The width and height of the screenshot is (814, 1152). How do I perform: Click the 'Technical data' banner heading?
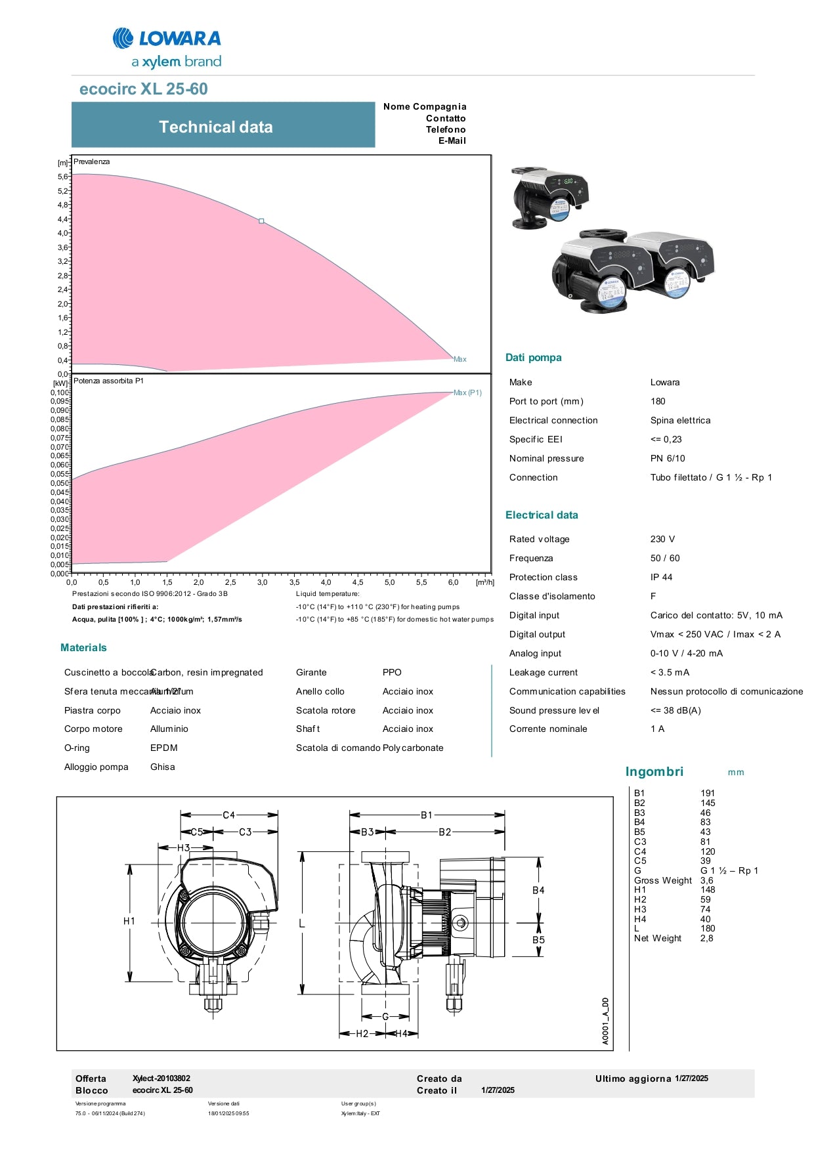tap(215, 127)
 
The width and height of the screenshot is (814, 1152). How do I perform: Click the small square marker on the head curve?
tap(261, 221)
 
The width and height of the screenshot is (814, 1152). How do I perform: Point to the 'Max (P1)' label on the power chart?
tap(467, 393)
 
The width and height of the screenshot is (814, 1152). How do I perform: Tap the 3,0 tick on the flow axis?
tap(262, 582)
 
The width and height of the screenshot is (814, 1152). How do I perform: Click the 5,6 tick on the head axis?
tap(62, 177)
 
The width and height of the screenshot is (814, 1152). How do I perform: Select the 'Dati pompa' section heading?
tap(533, 358)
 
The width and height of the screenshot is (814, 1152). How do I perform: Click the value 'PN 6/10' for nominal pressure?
tap(667, 458)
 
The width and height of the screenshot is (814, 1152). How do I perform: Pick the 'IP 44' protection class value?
tap(661, 577)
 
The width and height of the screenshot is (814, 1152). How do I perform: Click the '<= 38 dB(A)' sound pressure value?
tap(675, 710)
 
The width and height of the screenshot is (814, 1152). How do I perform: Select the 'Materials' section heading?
tap(83, 648)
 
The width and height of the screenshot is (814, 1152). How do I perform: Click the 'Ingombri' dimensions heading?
tap(654, 772)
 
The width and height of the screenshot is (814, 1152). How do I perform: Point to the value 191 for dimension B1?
tap(707, 793)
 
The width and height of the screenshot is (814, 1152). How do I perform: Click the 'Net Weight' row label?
tap(657, 938)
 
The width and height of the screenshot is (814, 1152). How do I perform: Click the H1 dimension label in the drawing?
tap(129, 921)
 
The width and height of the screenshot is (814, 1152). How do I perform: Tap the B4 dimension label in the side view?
tap(538, 890)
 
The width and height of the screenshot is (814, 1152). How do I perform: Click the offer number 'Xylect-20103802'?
tap(161, 1078)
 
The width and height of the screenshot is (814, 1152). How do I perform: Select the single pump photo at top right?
tap(549, 197)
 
